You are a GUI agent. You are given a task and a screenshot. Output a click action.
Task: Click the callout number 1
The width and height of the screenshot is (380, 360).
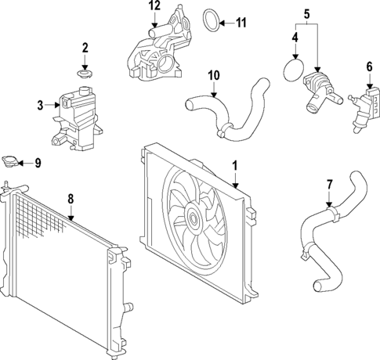(234, 166)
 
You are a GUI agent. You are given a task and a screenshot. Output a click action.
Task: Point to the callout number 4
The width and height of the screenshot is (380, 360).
(296, 37)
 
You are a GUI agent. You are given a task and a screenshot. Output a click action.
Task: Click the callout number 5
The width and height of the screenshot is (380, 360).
(307, 13)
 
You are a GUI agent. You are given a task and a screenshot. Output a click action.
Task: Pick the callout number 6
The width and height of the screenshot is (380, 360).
(369, 67)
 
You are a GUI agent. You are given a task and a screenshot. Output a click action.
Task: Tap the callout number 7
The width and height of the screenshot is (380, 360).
(330, 184)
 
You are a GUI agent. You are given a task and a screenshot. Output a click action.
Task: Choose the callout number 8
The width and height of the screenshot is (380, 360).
(71, 199)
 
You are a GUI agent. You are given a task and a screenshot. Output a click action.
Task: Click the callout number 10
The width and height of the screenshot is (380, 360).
(212, 76)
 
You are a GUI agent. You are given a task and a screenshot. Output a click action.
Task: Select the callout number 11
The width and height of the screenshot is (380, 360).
(241, 22)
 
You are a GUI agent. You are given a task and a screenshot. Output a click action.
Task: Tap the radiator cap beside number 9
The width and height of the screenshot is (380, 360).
(10, 161)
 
